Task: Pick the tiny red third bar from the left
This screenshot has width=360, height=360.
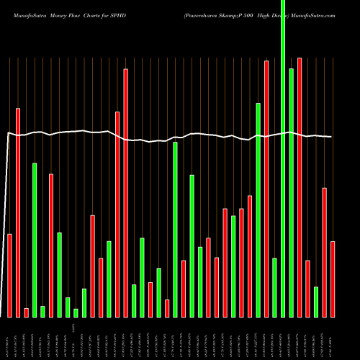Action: click(26, 312)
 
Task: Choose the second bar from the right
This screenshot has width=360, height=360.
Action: click(324, 252)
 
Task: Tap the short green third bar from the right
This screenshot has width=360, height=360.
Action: click(316, 302)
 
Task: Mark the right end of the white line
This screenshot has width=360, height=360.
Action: click(331, 137)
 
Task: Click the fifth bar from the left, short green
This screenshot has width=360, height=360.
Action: click(42, 311)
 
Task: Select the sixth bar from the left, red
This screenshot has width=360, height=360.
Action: click(51, 245)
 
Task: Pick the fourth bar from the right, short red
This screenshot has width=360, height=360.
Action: click(307, 288)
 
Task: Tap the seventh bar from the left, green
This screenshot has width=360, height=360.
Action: click(60, 274)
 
